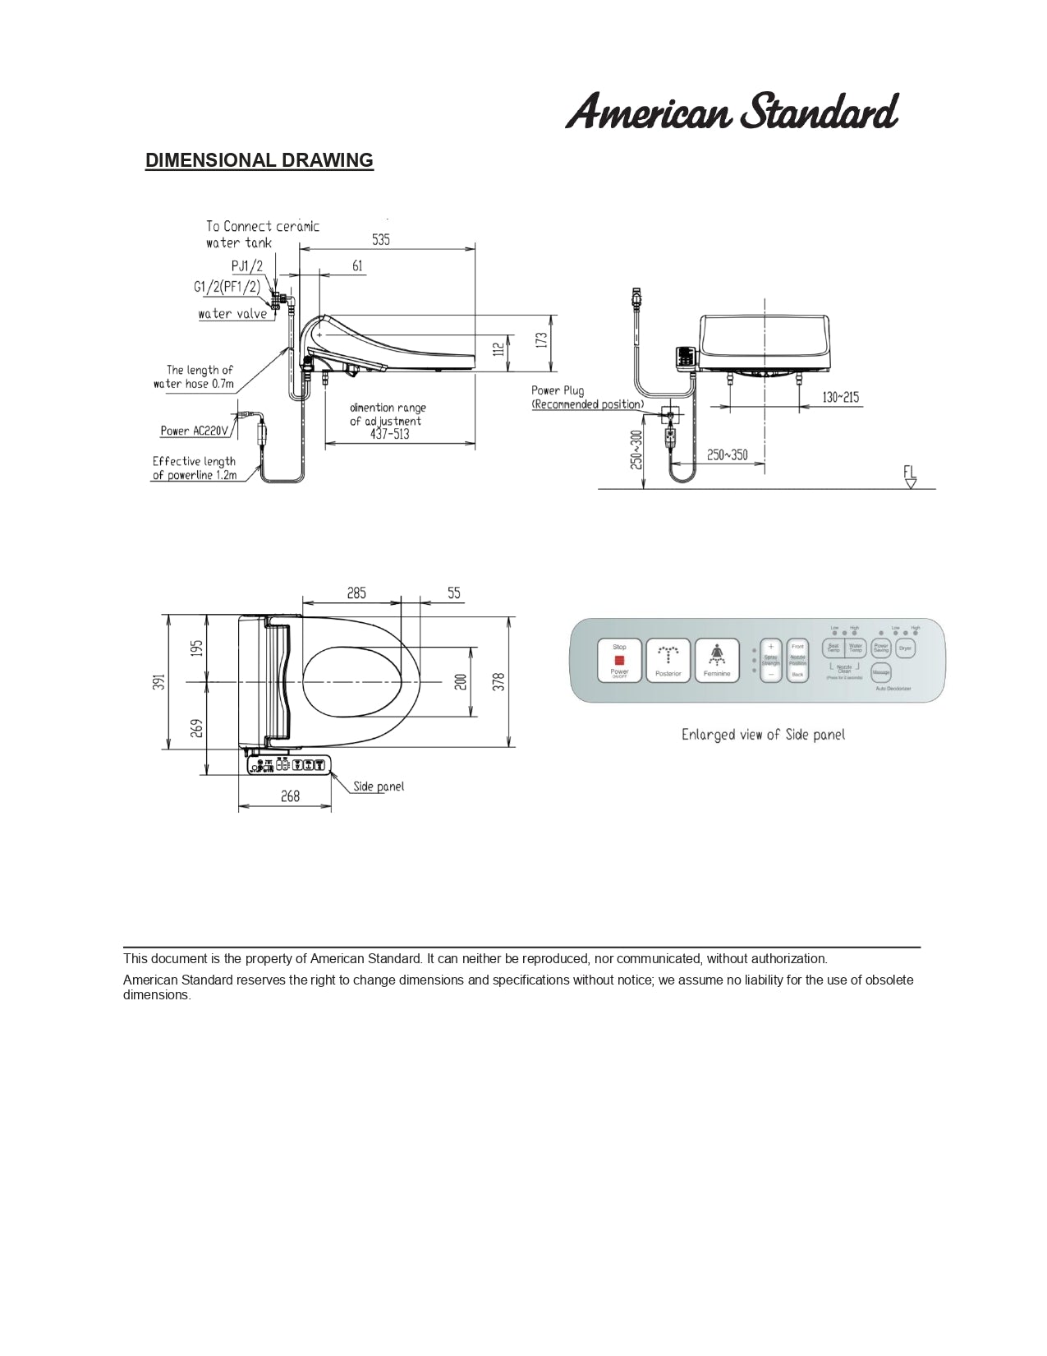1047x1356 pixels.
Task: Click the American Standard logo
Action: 732,112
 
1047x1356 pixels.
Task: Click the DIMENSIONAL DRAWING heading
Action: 259,160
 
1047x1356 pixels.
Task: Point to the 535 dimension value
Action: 381,240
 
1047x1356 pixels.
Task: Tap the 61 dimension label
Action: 357,265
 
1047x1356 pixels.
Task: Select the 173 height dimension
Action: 542,339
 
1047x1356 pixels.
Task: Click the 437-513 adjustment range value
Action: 389,434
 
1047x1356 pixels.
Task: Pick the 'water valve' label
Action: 232,314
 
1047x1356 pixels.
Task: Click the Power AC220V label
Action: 195,431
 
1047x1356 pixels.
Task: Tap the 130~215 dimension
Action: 840,398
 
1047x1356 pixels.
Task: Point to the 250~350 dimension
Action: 727,454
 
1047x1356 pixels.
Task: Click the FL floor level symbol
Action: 909,477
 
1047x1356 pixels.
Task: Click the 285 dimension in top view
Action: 356,593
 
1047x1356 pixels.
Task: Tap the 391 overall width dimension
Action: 159,681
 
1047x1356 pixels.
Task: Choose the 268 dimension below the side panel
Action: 290,796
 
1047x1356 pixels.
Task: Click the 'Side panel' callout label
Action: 379,786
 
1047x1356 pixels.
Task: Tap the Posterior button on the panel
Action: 668,661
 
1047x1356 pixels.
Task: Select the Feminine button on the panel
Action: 717,661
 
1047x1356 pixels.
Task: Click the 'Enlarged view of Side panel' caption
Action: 762,735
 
